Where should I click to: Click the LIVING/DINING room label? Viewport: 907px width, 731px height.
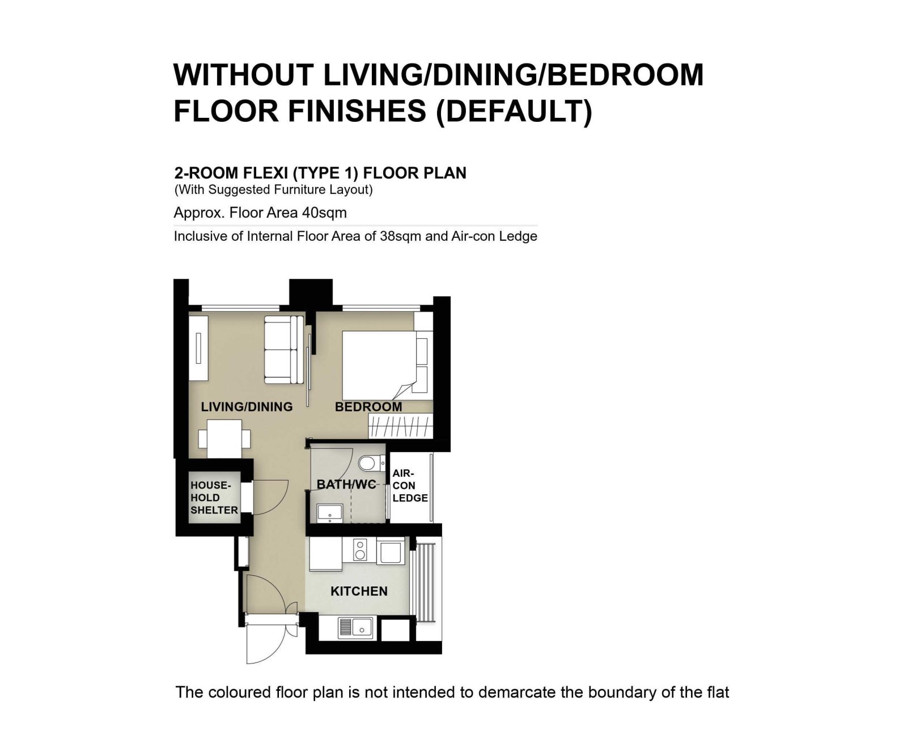[247, 406]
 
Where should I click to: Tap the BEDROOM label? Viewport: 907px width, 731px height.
[368, 406]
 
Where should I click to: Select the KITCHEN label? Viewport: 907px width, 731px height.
[359, 592]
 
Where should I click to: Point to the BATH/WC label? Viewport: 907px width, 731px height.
[346, 484]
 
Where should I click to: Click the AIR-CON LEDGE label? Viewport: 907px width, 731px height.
[410, 486]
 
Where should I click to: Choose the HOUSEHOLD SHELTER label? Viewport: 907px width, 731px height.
[214, 498]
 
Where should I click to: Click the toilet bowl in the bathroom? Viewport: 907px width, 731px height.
[371, 463]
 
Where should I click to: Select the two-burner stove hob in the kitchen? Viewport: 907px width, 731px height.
[360, 550]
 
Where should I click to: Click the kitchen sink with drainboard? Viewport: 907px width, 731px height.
[355, 627]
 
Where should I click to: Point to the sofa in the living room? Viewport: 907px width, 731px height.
[283, 350]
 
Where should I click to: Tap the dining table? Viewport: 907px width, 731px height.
[224, 438]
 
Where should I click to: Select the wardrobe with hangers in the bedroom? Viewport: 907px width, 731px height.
[401, 426]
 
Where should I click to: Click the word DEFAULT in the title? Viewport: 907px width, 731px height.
[514, 111]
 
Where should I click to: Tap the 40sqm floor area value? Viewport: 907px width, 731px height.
[324, 212]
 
